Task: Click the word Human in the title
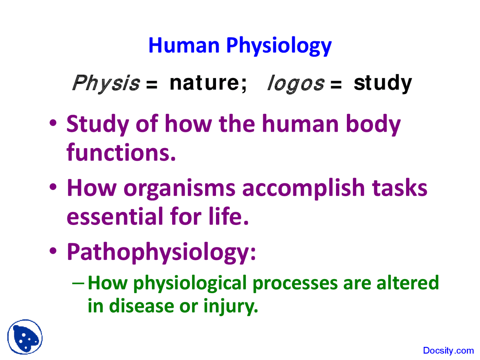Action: coord(184,45)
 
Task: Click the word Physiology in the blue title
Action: coord(279,46)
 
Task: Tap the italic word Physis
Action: coord(106,83)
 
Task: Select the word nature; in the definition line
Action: coord(208,82)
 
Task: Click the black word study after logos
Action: coord(382,83)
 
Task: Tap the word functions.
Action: coord(121,153)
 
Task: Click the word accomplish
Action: coord(303,188)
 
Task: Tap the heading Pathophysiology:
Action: coord(161,252)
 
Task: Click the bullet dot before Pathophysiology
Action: coord(53,250)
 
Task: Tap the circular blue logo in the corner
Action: coord(25,337)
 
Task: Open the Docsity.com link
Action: coord(448,351)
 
